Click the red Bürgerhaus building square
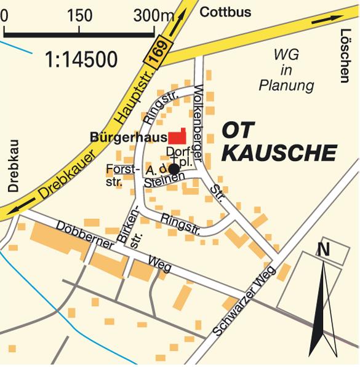(178, 137)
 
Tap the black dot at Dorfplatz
(174, 168)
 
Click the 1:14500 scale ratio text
(81, 59)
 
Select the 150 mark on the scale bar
(79, 16)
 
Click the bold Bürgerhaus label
(129, 138)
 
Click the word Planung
(286, 85)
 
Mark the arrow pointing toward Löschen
(326, 19)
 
